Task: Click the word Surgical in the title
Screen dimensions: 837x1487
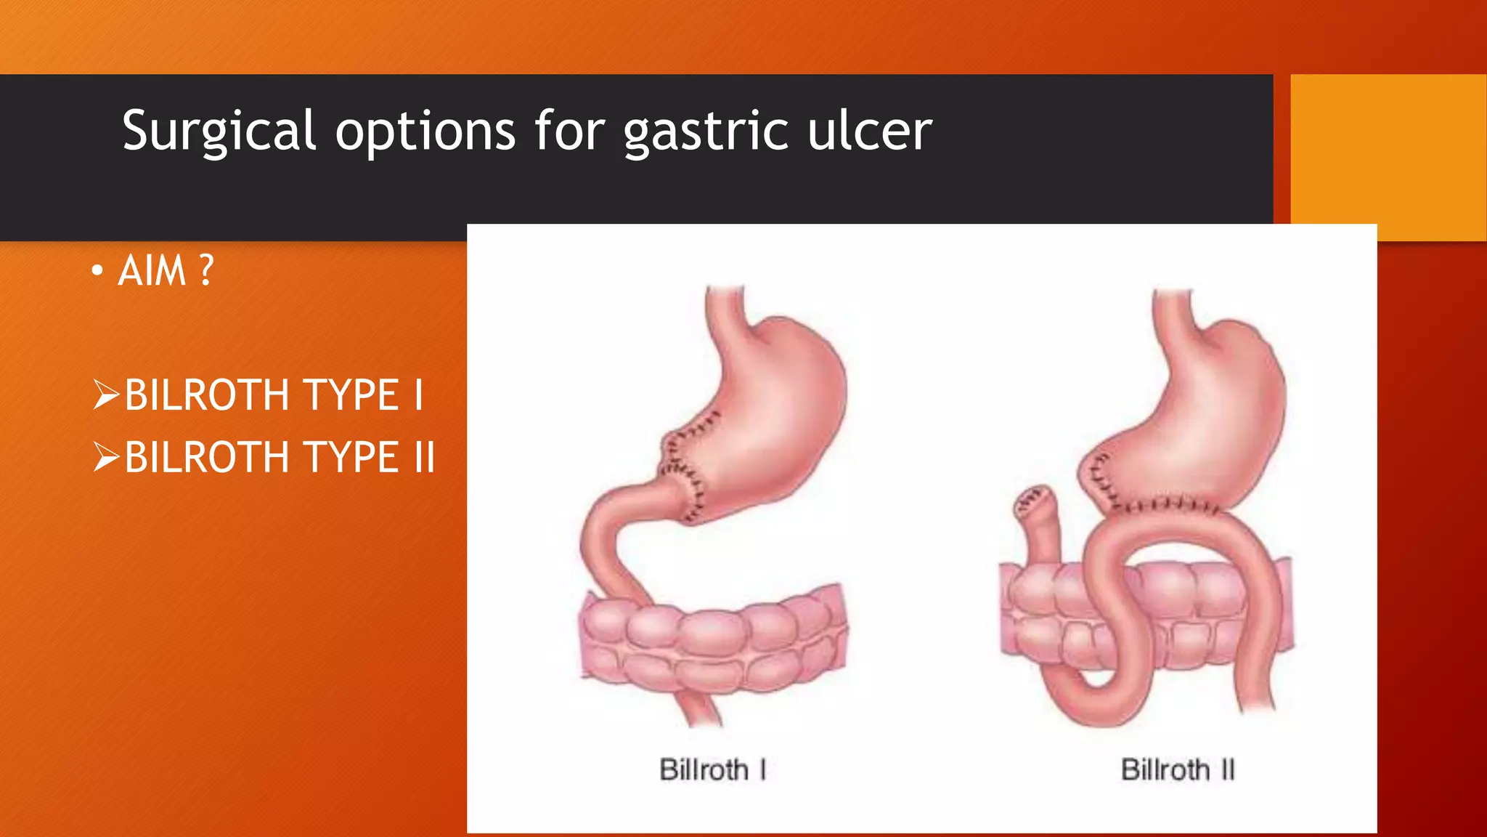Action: [219, 132]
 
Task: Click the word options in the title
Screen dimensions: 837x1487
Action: [425, 133]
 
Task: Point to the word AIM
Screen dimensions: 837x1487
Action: [152, 271]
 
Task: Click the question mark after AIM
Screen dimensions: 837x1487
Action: [206, 271]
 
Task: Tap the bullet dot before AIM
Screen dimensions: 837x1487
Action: [97, 272]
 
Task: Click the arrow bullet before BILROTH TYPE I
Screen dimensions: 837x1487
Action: [106, 395]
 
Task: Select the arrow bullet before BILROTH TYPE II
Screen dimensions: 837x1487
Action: [106, 457]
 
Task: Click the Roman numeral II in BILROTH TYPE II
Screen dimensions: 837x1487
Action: [424, 457]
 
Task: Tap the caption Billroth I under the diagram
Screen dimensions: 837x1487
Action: [712, 769]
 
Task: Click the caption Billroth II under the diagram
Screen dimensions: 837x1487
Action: [1177, 769]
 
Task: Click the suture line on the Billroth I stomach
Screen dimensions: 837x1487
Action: [683, 465]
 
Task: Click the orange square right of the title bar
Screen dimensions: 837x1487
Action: [1388, 157]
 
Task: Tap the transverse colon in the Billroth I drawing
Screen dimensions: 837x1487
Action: [712, 639]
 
